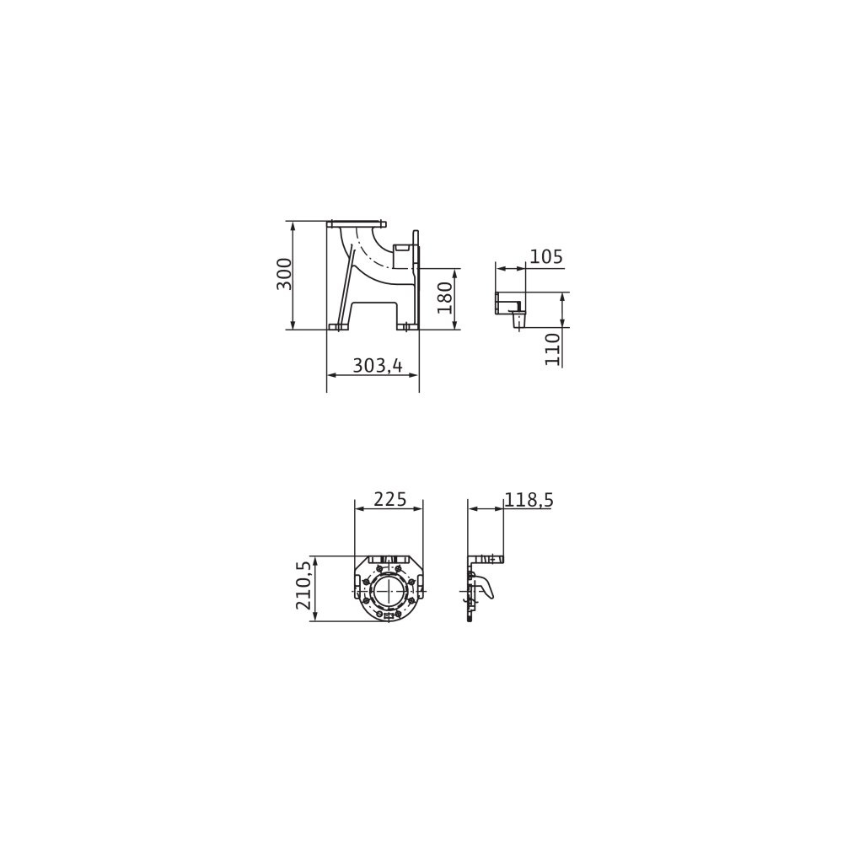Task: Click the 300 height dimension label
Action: point(284,274)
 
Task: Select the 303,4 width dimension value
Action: point(378,366)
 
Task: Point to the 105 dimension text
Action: point(546,257)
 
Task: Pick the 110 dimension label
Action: point(553,349)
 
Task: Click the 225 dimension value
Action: point(389,499)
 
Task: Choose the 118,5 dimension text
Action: point(529,500)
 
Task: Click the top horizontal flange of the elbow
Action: point(357,223)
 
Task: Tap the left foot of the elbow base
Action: point(340,327)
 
